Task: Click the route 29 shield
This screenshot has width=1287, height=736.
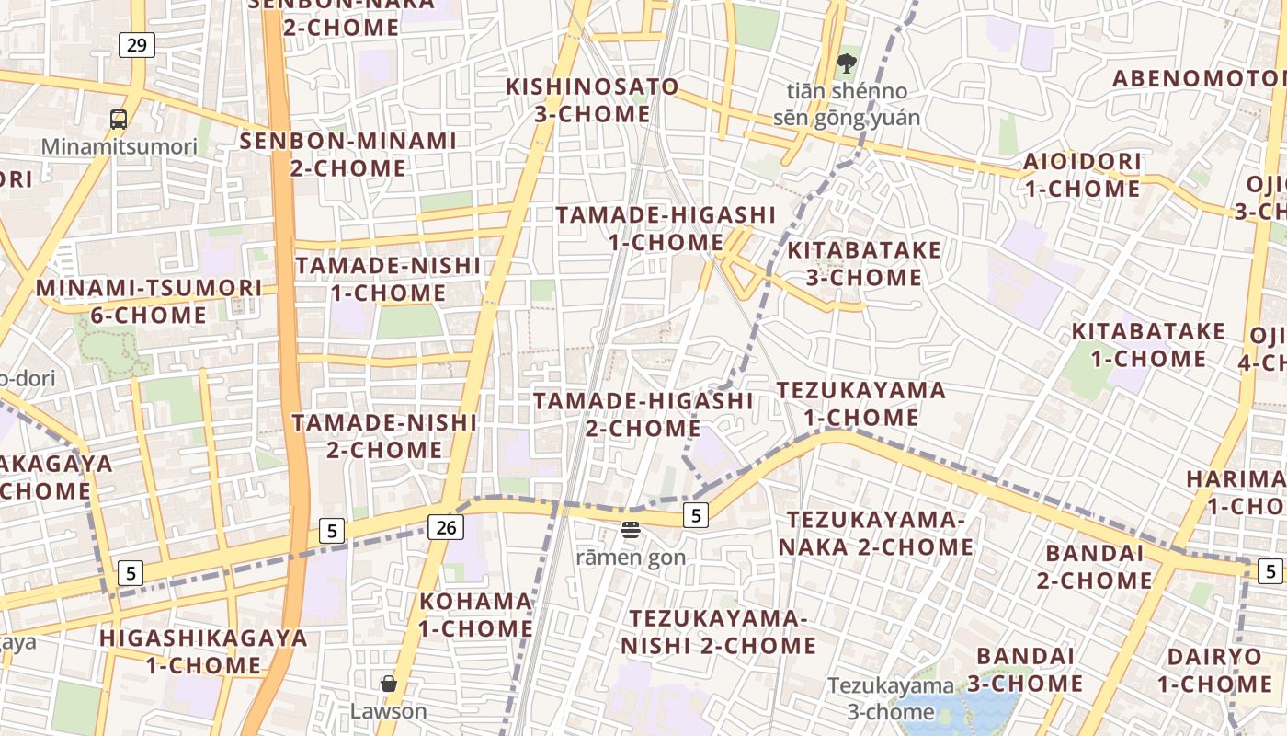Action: point(136,44)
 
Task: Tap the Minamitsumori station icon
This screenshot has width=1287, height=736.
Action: point(119,119)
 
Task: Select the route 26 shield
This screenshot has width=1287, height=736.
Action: point(445,527)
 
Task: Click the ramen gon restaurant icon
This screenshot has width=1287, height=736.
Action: point(631,530)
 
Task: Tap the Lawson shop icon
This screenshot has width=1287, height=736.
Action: point(389,684)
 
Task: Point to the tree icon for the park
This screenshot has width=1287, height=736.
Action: point(846,63)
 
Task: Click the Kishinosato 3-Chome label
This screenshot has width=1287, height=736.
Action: point(593,100)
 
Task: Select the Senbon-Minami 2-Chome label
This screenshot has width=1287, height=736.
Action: point(348,155)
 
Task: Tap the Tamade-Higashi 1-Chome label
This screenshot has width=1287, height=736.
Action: point(666,228)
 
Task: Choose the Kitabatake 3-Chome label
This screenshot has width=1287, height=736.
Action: point(864,263)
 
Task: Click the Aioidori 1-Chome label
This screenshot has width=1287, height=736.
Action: point(1082,175)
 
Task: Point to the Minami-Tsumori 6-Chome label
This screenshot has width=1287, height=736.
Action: point(149,301)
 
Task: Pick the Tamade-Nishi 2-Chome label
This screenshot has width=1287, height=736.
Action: point(384,436)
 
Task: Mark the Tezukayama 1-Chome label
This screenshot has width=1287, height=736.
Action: point(861,403)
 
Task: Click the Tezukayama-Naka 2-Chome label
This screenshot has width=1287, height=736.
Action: point(876,534)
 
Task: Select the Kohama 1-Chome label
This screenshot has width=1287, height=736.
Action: point(476,615)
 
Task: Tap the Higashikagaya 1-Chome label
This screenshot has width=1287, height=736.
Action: point(203,650)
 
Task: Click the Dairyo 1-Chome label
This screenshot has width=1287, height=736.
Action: point(1214,670)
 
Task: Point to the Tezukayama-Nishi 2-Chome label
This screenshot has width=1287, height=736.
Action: point(718,631)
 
